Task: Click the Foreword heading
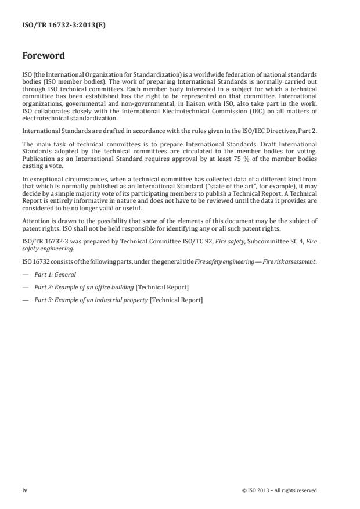[x=44, y=56]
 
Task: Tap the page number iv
[x=25, y=490]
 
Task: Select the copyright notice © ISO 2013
[x=279, y=490]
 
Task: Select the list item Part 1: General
[x=55, y=274]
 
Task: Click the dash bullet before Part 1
[x=26, y=274]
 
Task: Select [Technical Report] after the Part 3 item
[x=176, y=300]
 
